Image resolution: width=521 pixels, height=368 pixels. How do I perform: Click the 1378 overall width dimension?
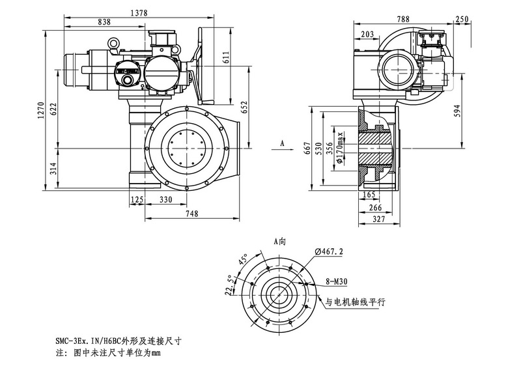(x=138, y=12)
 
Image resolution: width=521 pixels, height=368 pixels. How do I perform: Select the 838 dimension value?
(x=104, y=22)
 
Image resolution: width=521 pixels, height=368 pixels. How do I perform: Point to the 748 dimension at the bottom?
(x=191, y=214)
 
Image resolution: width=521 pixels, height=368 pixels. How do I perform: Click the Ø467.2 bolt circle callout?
(x=329, y=251)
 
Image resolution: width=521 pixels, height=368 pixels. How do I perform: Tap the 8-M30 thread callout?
(x=336, y=283)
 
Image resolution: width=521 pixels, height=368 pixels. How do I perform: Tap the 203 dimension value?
(x=367, y=34)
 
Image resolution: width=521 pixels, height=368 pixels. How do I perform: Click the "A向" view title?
(x=280, y=240)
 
